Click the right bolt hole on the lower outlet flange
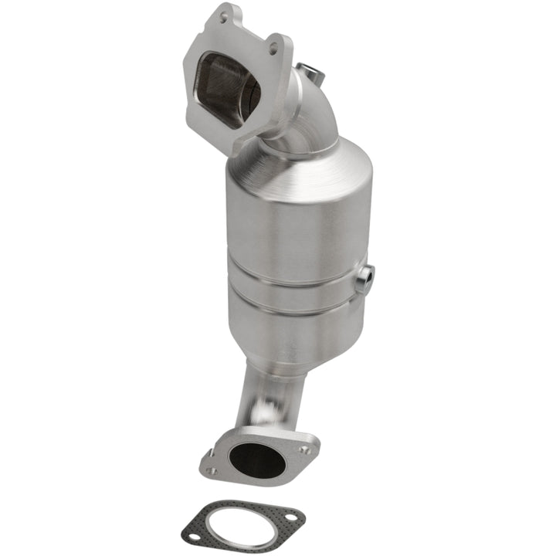(303, 449)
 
